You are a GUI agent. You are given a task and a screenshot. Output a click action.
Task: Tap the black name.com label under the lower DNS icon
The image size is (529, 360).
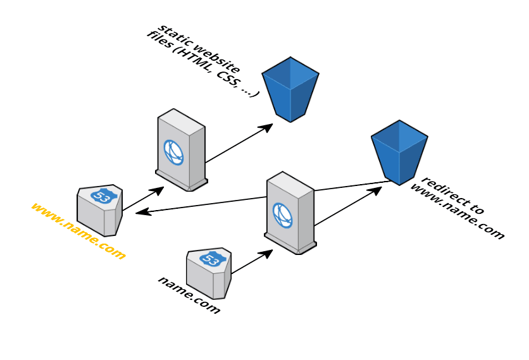tap(189, 295)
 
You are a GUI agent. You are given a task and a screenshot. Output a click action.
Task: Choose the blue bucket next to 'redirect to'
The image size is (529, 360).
tap(399, 151)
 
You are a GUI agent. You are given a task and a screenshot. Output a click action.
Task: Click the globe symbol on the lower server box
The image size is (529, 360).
tap(282, 215)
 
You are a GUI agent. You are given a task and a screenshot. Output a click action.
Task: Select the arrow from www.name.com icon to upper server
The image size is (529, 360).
tap(142, 199)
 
